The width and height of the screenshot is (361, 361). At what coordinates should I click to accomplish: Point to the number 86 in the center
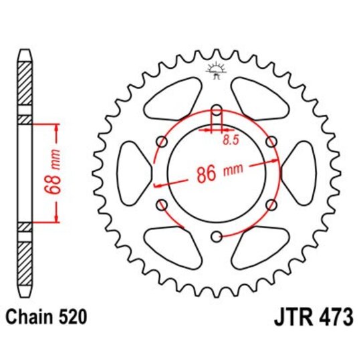[205, 173]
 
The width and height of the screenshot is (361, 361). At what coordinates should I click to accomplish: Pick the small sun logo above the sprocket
[215, 70]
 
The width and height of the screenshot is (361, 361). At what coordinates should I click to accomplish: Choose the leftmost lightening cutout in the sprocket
[132, 173]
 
